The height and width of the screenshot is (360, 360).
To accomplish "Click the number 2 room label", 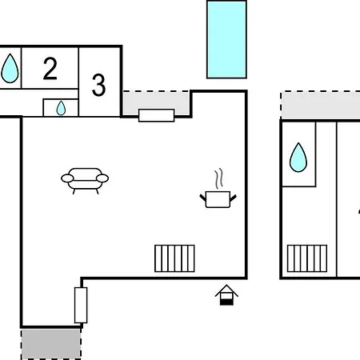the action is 50,69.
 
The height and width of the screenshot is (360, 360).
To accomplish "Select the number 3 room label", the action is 98,85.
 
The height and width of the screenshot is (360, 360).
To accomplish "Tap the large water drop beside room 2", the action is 10,68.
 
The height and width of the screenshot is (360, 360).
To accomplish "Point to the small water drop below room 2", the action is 61,108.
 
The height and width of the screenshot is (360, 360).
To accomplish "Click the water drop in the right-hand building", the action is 298,158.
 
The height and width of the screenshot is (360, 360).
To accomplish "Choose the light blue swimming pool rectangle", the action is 226,39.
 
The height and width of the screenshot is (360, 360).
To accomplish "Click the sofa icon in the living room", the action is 85,181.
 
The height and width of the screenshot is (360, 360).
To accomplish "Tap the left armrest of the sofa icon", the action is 67,178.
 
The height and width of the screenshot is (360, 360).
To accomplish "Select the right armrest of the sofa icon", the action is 102,178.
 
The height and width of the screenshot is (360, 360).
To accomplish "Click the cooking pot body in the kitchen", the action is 218,199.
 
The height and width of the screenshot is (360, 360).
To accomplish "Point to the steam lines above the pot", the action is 219,178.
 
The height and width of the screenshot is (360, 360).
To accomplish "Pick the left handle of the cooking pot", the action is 202,198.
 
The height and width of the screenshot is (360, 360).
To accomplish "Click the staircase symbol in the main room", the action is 174,258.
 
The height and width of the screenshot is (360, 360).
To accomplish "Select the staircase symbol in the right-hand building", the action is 307,258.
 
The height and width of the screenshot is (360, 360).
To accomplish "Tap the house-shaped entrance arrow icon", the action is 226,295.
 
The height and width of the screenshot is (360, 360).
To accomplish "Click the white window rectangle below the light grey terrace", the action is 157,115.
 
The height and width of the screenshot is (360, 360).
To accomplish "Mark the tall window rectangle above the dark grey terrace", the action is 81,305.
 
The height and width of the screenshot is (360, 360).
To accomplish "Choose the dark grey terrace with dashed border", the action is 51,344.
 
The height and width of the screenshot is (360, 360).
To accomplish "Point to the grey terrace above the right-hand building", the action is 320,106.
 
